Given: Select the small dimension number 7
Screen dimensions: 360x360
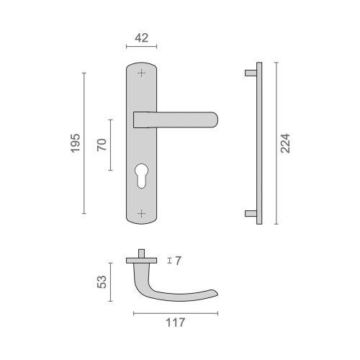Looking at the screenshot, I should [x=177, y=261].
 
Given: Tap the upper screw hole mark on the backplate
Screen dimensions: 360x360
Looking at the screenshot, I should [x=141, y=73].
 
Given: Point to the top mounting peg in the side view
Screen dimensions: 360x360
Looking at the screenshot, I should [x=250, y=73].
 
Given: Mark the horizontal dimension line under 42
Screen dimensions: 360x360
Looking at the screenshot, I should [x=141, y=48].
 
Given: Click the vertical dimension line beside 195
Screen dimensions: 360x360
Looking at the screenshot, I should [x=84, y=143].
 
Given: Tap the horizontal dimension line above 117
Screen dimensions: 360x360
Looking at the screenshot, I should [x=176, y=312].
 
